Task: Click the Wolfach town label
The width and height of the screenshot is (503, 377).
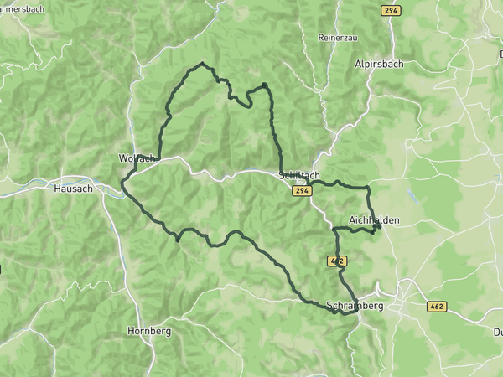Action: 137,158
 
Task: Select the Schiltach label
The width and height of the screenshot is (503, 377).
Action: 298,175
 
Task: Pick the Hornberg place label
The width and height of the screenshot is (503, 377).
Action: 149,331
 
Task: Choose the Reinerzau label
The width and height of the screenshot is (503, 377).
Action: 339,38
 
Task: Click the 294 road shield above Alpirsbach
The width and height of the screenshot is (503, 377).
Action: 391,10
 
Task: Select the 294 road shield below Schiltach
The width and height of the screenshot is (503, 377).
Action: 303,191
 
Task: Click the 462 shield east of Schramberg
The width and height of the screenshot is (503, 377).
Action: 437,307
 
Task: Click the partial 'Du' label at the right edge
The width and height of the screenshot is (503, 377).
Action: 498,333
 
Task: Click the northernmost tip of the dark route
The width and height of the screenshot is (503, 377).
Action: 202,63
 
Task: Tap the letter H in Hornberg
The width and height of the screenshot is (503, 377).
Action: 131,331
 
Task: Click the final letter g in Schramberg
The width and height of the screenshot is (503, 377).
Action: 381,307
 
